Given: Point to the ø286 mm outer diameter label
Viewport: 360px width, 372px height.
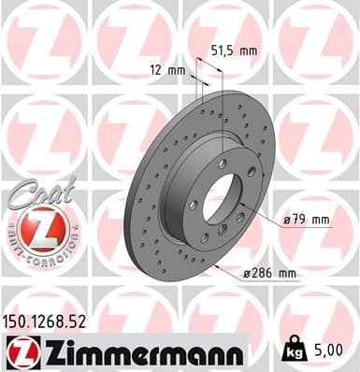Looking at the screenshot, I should pyautogui.click(x=270, y=273).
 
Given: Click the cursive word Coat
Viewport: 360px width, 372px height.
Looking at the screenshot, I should pyautogui.click(x=36, y=193).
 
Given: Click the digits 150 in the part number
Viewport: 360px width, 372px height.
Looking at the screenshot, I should pyautogui.click(x=22, y=322).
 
